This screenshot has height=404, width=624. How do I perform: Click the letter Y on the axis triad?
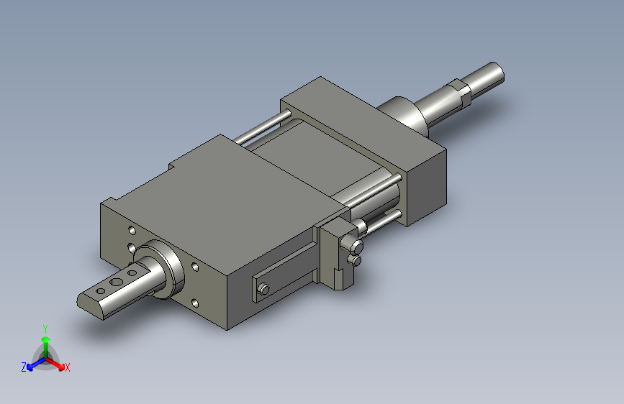45,329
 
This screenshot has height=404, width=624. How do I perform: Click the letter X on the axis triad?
67,367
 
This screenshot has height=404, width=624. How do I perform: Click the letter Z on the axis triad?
24,367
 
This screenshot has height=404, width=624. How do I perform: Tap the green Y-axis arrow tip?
46,339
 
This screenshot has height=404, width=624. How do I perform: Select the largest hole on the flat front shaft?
117,283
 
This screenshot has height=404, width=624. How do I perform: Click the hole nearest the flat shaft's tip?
101,291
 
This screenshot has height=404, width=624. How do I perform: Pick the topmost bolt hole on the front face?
132,231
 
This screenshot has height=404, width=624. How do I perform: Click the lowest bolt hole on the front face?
195,304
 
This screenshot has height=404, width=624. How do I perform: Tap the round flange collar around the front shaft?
167,268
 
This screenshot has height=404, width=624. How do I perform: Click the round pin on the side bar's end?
263,289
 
